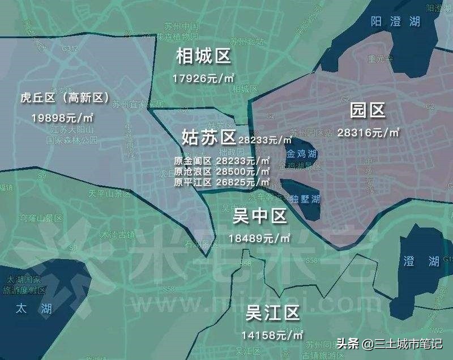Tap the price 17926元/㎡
pyautogui.click(x=204, y=78)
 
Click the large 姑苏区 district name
pyautogui.click(x=208, y=137)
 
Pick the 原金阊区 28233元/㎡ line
pyautogui.click(x=223, y=160)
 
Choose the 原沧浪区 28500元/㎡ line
pyautogui.click(x=223, y=171)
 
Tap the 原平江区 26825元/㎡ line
pyautogui.click(x=223, y=181)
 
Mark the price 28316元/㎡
pyautogui.click(x=368, y=132)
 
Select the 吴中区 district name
pyautogui.click(x=260, y=216)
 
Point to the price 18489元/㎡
pyautogui.click(x=259, y=238)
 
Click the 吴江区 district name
pyautogui.click(x=272, y=312)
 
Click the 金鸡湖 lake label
pyautogui.click(x=302, y=154)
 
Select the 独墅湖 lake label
pyautogui.click(x=306, y=199)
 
